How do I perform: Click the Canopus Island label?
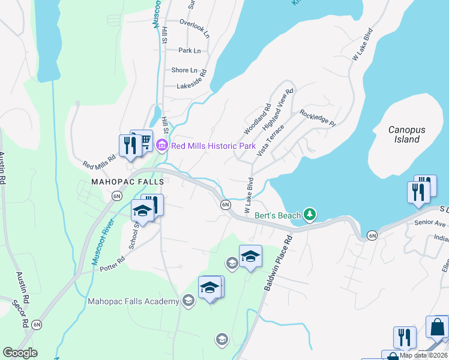coord(403,134)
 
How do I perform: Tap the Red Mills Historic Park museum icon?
coord(161,145)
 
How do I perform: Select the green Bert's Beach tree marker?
coord(309,214)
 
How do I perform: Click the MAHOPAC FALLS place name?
coord(120,181)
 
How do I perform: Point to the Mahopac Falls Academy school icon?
coord(188,301)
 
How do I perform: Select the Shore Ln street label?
coord(184,70)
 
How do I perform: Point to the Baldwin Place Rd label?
coord(277,263)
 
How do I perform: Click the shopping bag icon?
coord(437,327)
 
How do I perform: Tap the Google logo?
coord(20,353)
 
